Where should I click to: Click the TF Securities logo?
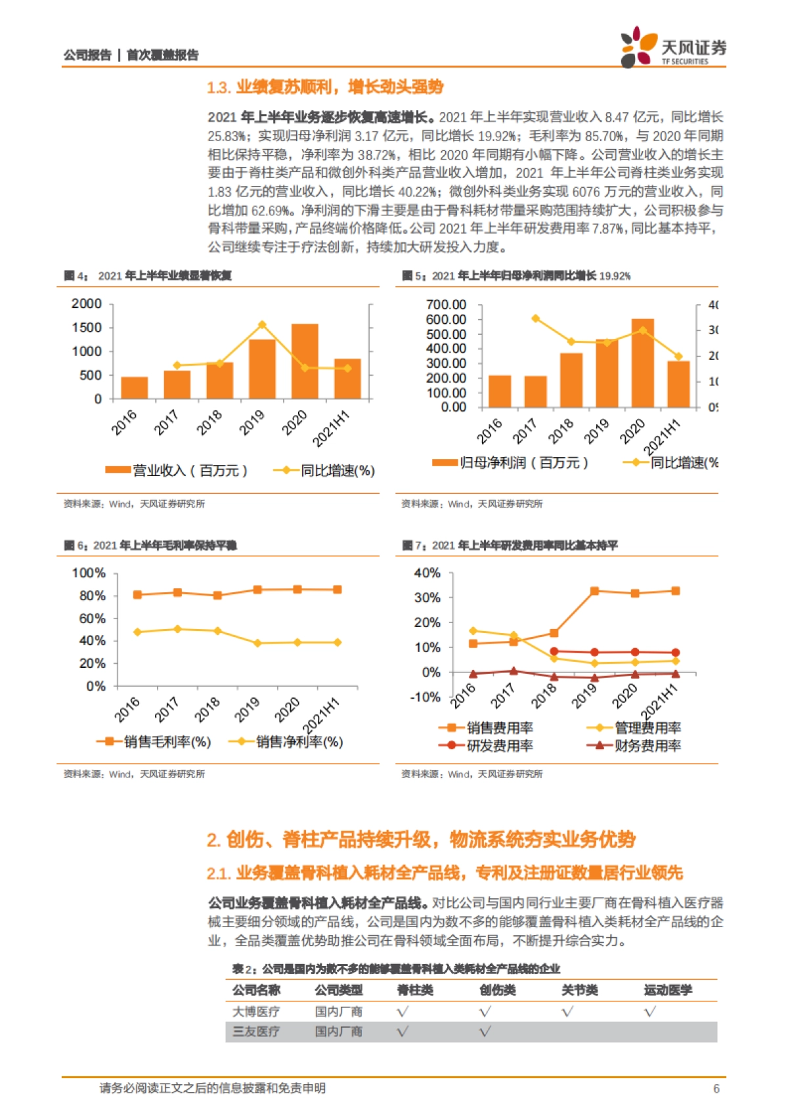point(672,47)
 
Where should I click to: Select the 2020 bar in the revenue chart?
point(305,361)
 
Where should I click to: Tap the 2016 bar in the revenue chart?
point(135,387)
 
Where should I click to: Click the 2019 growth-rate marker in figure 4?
point(262,325)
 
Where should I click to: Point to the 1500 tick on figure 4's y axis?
point(87,328)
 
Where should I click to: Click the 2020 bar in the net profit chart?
point(642,363)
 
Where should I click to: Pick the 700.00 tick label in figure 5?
point(446,305)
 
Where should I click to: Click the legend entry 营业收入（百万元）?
point(177,471)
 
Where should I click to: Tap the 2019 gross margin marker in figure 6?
point(257,590)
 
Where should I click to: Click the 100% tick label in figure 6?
point(89,573)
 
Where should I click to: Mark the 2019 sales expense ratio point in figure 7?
point(594,591)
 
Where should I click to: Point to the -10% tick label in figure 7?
point(425,697)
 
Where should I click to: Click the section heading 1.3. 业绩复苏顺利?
point(325,87)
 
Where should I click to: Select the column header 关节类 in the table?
point(579,990)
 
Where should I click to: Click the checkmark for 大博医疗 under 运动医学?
point(649,1012)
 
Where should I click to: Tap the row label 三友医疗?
point(256,1032)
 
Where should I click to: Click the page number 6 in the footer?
point(716,1089)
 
